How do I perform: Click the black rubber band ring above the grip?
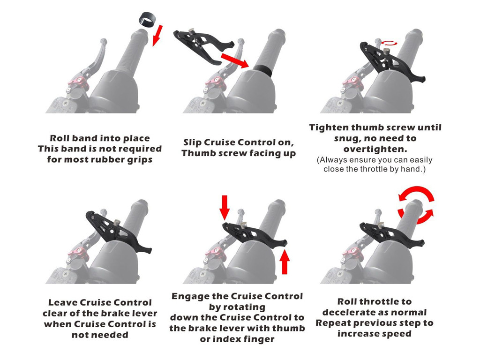(x=147, y=20)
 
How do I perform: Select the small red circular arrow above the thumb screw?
(x=389, y=43)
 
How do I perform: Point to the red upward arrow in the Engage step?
(x=284, y=262)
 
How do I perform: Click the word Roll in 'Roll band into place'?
(x=60, y=138)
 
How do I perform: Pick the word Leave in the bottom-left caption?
(x=63, y=302)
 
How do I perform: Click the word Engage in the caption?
(x=190, y=296)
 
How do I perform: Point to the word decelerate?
(x=351, y=312)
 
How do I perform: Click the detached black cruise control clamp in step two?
(x=202, y=45)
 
